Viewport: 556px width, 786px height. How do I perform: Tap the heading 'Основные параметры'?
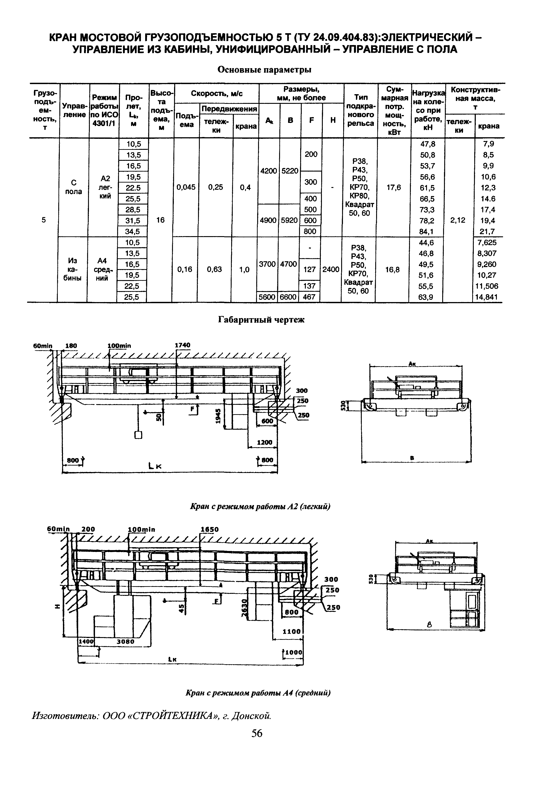click(264, 70)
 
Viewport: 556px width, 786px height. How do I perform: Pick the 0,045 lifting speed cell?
click(186, 187)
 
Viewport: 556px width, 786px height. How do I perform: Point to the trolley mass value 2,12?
click(457, 220)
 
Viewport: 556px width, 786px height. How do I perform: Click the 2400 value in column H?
click(331, 270)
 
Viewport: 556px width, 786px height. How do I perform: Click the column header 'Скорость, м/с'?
click(217, 93)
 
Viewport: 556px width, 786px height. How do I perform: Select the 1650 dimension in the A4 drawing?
click(209, 529)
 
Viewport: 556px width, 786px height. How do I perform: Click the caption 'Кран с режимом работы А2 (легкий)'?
click(260, 506)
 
